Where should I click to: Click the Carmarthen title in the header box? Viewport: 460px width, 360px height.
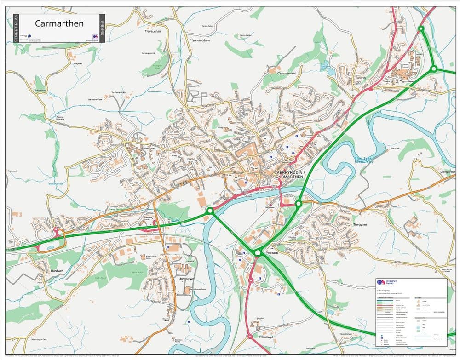pos(59,23)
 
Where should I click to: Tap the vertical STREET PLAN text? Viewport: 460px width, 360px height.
pos(16,29)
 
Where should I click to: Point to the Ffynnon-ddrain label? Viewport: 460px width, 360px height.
pos(199,40)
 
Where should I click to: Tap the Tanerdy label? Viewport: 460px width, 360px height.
pos(361,78)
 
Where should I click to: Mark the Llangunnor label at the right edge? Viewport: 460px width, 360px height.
pos(448,171)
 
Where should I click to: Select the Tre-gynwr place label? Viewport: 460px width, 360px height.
pos(362,225)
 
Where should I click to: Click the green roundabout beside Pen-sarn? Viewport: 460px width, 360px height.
pos(258,252)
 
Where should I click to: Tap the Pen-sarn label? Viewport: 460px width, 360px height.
pos(272,253)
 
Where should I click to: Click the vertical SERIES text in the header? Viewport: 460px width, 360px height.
pos(102,29)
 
